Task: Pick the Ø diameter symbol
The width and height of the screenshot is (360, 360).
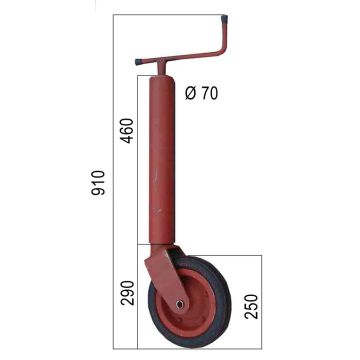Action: (190, 93)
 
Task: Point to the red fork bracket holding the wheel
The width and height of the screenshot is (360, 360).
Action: (159, 268)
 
